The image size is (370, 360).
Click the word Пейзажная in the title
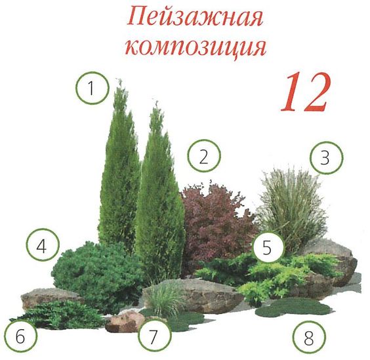[x=195, y=18]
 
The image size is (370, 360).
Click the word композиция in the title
[x=195, y=48]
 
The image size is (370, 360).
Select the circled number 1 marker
[x=92, y=88]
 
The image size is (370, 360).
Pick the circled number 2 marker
[x=204, y=155]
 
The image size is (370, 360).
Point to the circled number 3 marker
[x=326, y=157]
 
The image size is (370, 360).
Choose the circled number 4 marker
[x=42, y=245]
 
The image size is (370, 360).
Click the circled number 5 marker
[x=268, y=247]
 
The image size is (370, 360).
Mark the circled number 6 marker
[x=20, y=335]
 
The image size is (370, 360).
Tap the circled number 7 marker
[x=155, y=336]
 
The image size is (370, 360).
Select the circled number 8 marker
[x=309, y=337]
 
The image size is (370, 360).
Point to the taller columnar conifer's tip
[x=119, y=79]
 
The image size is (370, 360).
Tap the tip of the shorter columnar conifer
[x=157, y=102]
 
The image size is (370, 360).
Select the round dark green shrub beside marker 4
[x=96, y=273]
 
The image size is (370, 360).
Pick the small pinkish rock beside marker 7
[x=125, y=321]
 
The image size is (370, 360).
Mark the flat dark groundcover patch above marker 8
[x=294, y=308]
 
